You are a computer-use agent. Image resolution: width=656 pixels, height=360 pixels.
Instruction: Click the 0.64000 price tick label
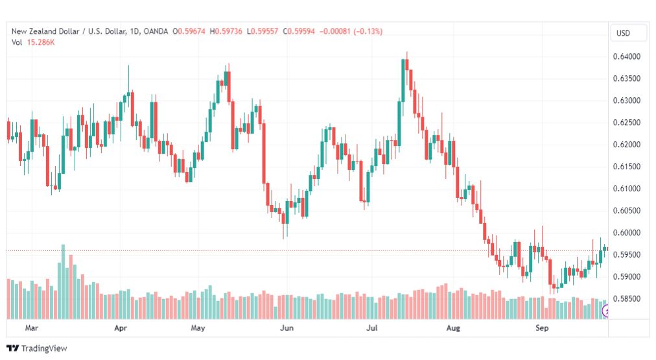point(626,56)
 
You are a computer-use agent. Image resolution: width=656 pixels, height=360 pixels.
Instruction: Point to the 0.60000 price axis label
point(626,233)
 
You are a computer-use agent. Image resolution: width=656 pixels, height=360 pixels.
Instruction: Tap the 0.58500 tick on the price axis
point(626,299)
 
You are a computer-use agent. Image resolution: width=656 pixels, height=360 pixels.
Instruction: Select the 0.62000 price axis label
point(626,145)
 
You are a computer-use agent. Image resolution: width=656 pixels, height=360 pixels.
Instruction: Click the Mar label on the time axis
point(31,328)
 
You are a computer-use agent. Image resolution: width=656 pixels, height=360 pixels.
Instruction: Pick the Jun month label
point(287,328)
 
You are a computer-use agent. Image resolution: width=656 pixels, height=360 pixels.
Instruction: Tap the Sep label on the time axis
point(542,328)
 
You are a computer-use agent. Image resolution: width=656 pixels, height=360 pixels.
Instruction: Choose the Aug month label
point(453,328)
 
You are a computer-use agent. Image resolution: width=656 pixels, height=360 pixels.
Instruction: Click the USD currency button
point(623,33)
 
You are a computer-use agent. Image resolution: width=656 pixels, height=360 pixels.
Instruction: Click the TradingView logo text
point(44,348)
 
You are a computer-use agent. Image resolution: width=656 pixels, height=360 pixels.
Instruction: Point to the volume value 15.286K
point(41,42)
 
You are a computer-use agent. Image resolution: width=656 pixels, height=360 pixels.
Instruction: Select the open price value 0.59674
point(192,31)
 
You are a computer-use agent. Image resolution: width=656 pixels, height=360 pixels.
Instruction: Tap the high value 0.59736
point(228,31)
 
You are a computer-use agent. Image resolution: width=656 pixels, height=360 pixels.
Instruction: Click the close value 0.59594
point(301,31)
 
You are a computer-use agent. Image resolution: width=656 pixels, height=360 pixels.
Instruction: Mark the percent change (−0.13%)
point(368,31)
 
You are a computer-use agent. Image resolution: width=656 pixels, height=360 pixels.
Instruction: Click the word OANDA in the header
point(156,31)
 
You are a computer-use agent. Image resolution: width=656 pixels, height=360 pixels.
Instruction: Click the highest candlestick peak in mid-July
point(406,53)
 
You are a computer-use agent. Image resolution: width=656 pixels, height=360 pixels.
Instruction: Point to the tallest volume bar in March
point(63,282)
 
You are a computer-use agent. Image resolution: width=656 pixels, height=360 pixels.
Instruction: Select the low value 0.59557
point(264,31)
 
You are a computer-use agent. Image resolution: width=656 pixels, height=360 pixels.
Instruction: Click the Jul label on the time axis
point(372,328)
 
